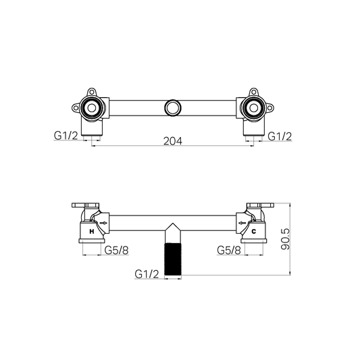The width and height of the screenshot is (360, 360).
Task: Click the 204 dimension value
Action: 174,141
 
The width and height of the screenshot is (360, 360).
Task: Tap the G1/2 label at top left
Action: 66,136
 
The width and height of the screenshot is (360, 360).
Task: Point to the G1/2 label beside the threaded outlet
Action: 147,274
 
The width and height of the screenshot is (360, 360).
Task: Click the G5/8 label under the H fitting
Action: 117,250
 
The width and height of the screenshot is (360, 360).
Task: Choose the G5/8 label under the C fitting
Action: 229,250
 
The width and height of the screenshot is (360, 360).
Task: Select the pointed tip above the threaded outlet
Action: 173,228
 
